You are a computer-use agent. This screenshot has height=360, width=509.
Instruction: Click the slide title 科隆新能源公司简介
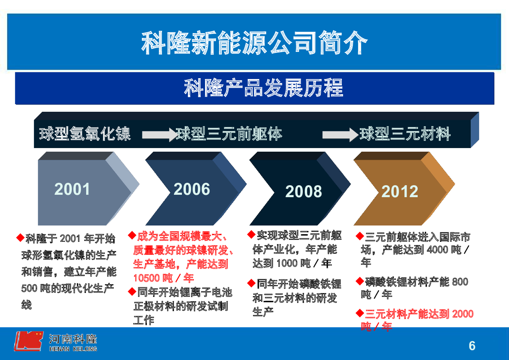254,43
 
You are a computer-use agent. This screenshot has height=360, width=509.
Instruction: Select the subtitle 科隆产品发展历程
263,88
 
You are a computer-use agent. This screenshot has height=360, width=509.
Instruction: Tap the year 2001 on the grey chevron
72,189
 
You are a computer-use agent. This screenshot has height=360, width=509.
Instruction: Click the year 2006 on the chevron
192,189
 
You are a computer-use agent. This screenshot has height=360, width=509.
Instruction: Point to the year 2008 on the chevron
304,192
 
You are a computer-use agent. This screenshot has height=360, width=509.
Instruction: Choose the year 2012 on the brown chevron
400,192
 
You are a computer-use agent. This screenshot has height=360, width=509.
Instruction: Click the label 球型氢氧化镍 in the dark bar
85,134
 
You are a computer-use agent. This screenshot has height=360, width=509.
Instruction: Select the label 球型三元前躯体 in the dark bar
229,134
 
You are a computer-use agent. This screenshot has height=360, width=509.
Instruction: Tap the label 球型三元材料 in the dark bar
405,134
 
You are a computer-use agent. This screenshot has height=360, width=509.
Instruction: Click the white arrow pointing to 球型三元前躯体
160,135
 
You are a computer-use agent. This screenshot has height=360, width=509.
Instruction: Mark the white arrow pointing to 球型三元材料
340,135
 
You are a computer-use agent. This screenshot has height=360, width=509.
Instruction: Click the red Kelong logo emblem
28,341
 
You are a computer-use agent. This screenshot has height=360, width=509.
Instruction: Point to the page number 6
472,346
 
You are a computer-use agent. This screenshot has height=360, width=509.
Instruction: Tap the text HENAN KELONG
73,349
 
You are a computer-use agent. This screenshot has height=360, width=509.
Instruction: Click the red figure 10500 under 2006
147,278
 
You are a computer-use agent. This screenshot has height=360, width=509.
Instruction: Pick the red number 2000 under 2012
463,314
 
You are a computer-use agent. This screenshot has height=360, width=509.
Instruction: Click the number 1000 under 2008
287,263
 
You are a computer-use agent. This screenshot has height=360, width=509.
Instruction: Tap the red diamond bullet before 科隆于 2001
20,237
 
